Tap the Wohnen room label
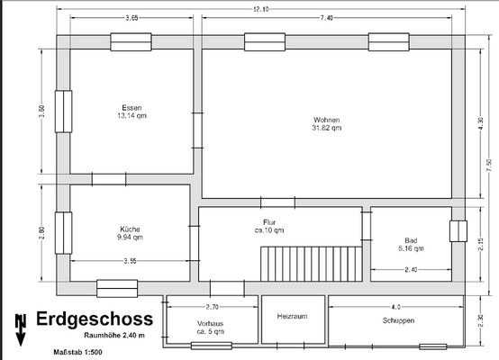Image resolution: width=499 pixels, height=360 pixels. (326, 120)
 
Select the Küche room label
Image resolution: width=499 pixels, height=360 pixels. (130, 229)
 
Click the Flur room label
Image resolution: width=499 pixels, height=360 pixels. (269, 220)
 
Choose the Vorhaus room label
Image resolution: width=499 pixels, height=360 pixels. (211, 323)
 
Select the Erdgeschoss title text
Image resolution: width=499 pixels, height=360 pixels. (95, 319)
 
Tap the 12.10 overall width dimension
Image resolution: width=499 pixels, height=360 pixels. (260, 8)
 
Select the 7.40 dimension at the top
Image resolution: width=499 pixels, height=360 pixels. (326, 18)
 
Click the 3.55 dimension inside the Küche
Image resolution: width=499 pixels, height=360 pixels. (130, 261)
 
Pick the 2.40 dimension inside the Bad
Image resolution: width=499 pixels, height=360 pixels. (411, 269)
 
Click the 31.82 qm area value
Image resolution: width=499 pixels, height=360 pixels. (326, 128)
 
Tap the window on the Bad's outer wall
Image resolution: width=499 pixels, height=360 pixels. (458, 231)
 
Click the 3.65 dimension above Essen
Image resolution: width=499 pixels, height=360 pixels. (132, 18)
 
